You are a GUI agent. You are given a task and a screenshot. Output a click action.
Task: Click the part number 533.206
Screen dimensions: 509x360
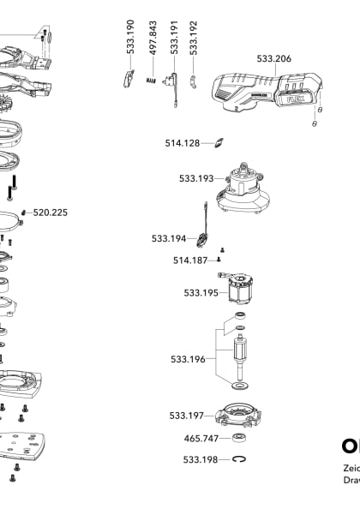click(x=273, y=59)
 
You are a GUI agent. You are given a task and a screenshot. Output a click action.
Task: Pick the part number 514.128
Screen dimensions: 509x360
click(x=183, y=143)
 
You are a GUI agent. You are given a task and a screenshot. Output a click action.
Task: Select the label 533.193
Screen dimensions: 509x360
click(x=196, y=178)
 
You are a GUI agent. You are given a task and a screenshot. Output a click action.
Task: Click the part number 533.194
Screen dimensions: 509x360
click(x=169, y=238)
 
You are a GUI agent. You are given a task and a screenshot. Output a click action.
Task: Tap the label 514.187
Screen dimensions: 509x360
click(x=189, y=260)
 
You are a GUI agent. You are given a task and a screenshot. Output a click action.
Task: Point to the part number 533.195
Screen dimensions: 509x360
click(x=201, y=292)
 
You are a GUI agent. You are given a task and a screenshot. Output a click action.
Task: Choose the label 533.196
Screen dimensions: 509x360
click(x=188, y=359)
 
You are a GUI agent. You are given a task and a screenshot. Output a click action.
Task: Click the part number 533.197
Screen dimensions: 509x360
click(x=186, y=416)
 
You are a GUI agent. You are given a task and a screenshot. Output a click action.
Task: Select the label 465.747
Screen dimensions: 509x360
click(x=201, y=438)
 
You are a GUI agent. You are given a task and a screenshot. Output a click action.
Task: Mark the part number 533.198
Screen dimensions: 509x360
click(x=200, y=460)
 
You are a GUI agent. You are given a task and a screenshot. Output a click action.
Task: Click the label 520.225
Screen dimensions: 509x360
click(x=51, y=212)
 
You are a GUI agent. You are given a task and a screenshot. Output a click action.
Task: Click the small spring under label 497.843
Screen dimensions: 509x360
click(x=153, y=81)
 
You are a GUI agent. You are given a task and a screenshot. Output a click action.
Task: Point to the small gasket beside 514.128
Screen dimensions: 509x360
click(x=219, y=142)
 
